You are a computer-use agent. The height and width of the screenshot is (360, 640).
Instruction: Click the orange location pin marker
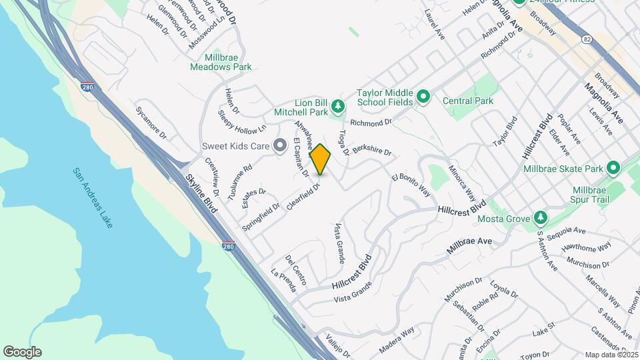tap(320, 159)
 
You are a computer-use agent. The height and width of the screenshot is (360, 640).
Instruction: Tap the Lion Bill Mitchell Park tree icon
tap(339, 105)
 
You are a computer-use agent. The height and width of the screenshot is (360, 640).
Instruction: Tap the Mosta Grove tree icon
tap(541, 219)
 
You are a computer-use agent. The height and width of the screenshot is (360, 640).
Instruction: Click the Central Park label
tap(468, 101)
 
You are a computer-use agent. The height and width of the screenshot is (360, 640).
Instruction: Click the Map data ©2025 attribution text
tap(610, 355)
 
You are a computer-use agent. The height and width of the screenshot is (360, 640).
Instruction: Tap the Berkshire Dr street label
tap(371, 151)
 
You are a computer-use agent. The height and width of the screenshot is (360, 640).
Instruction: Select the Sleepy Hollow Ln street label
tap(242, 121)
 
